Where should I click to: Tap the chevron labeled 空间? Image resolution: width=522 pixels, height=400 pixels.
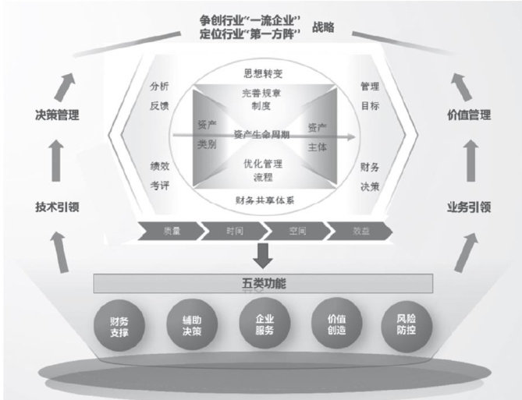click(297, 231)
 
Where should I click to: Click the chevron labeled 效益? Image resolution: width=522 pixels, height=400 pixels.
click(359, 231)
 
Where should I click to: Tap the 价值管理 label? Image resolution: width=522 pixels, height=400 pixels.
click(468, 115)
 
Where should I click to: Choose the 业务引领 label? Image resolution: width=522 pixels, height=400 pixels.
click(468, 207)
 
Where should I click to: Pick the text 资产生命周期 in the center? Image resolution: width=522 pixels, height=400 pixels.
click(262, 134)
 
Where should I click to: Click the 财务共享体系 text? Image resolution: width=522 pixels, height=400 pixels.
click(262, 200)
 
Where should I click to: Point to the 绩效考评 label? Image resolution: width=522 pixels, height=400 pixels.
click(160, 175)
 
